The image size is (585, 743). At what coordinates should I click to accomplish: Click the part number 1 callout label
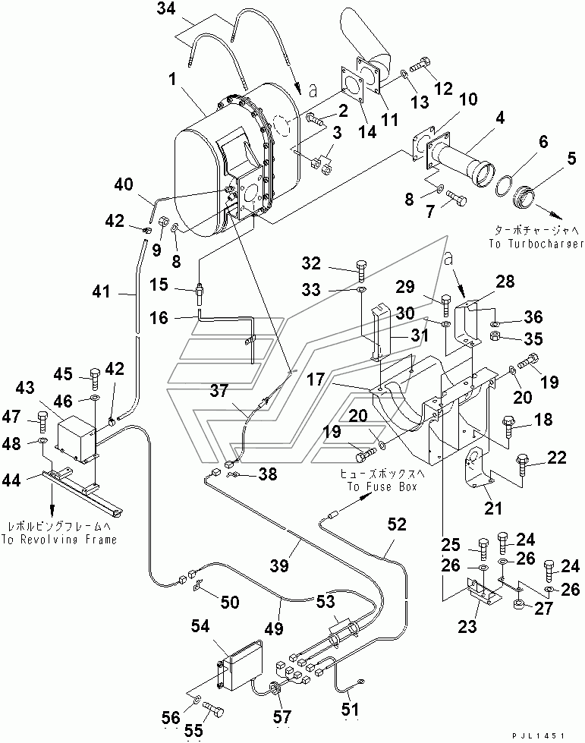(x=173, y=80)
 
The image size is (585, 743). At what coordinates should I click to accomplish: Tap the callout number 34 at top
(x=166, y=8)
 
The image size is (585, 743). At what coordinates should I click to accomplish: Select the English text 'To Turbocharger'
(x=536, y=244)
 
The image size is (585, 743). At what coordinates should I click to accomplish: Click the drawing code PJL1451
(x=539, y=735)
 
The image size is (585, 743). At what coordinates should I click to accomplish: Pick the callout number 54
(x=200, y=626)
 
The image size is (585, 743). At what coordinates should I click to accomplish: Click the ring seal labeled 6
(x=505, y=185)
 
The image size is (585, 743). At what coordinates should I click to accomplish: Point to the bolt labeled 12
(x=420, y=65)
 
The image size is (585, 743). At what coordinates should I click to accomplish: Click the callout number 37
(x=219, y=390)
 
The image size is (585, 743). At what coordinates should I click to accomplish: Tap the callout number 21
(x=493, y=508)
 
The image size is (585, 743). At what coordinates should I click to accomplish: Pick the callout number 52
(x=397, y=524)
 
